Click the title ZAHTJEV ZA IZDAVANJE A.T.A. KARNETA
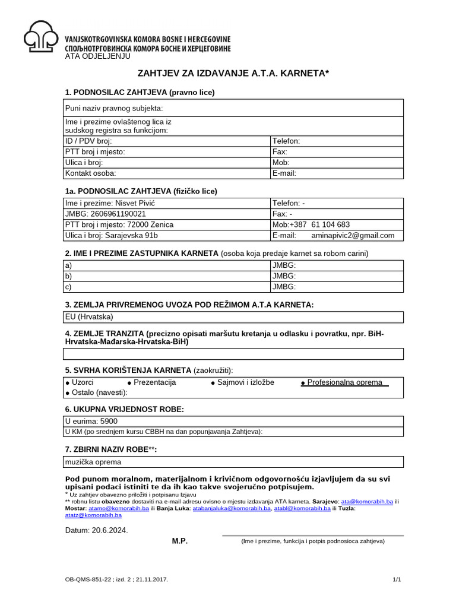(x=233, y=73)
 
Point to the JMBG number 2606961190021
(x=118, y=214)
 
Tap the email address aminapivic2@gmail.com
(x=353, y=235)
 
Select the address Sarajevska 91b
(x=131, y=235)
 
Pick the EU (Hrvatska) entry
(x=89, y=316)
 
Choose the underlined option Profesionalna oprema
(x=344, y=382)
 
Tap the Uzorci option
(x=82, y=382)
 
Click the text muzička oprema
(x=93, y=462)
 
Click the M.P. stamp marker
(x=180, y=541)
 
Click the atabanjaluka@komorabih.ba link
(x=242, y=508)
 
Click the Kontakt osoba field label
(x=90, y=173)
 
